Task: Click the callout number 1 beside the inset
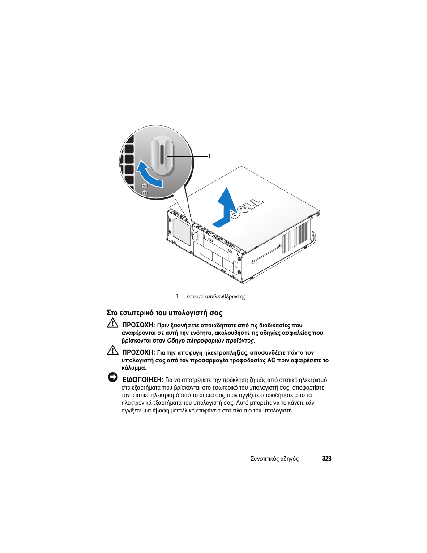coord(209,156)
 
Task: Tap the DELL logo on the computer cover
coord(247,210)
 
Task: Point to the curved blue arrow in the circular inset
coord(148,174)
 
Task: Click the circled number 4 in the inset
coord(145,186)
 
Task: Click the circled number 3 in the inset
coord(144,193)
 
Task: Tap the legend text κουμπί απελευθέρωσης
coord(216,296)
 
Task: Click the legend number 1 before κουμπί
coord(177,296)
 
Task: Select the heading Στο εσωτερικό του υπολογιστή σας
coord(164,313)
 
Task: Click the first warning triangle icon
coord(112,323)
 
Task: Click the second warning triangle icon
coord(112,350)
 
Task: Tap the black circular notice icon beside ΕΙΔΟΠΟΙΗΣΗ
coord(112,377)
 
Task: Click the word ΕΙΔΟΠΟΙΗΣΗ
coord(142,380)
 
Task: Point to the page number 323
coord(327,459)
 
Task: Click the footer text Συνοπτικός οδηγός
coord(274,459)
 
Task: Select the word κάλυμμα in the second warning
coord(133,368)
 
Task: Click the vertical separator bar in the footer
coord(310,459)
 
